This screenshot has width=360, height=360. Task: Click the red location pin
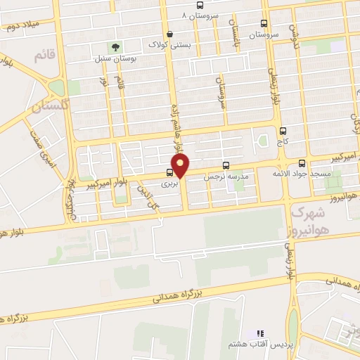click(181, 166)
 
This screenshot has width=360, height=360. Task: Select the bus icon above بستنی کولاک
click(169, 33)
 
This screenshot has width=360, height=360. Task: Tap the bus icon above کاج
click(283, 130)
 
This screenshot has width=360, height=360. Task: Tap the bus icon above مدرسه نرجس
click(226, 166)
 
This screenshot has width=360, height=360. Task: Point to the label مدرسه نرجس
click(226, 177)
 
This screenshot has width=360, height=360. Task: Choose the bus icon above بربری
click(169, 172)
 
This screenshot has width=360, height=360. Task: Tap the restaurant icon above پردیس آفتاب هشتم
click(259, 333)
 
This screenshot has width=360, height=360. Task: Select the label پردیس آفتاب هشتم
click(254, 345)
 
